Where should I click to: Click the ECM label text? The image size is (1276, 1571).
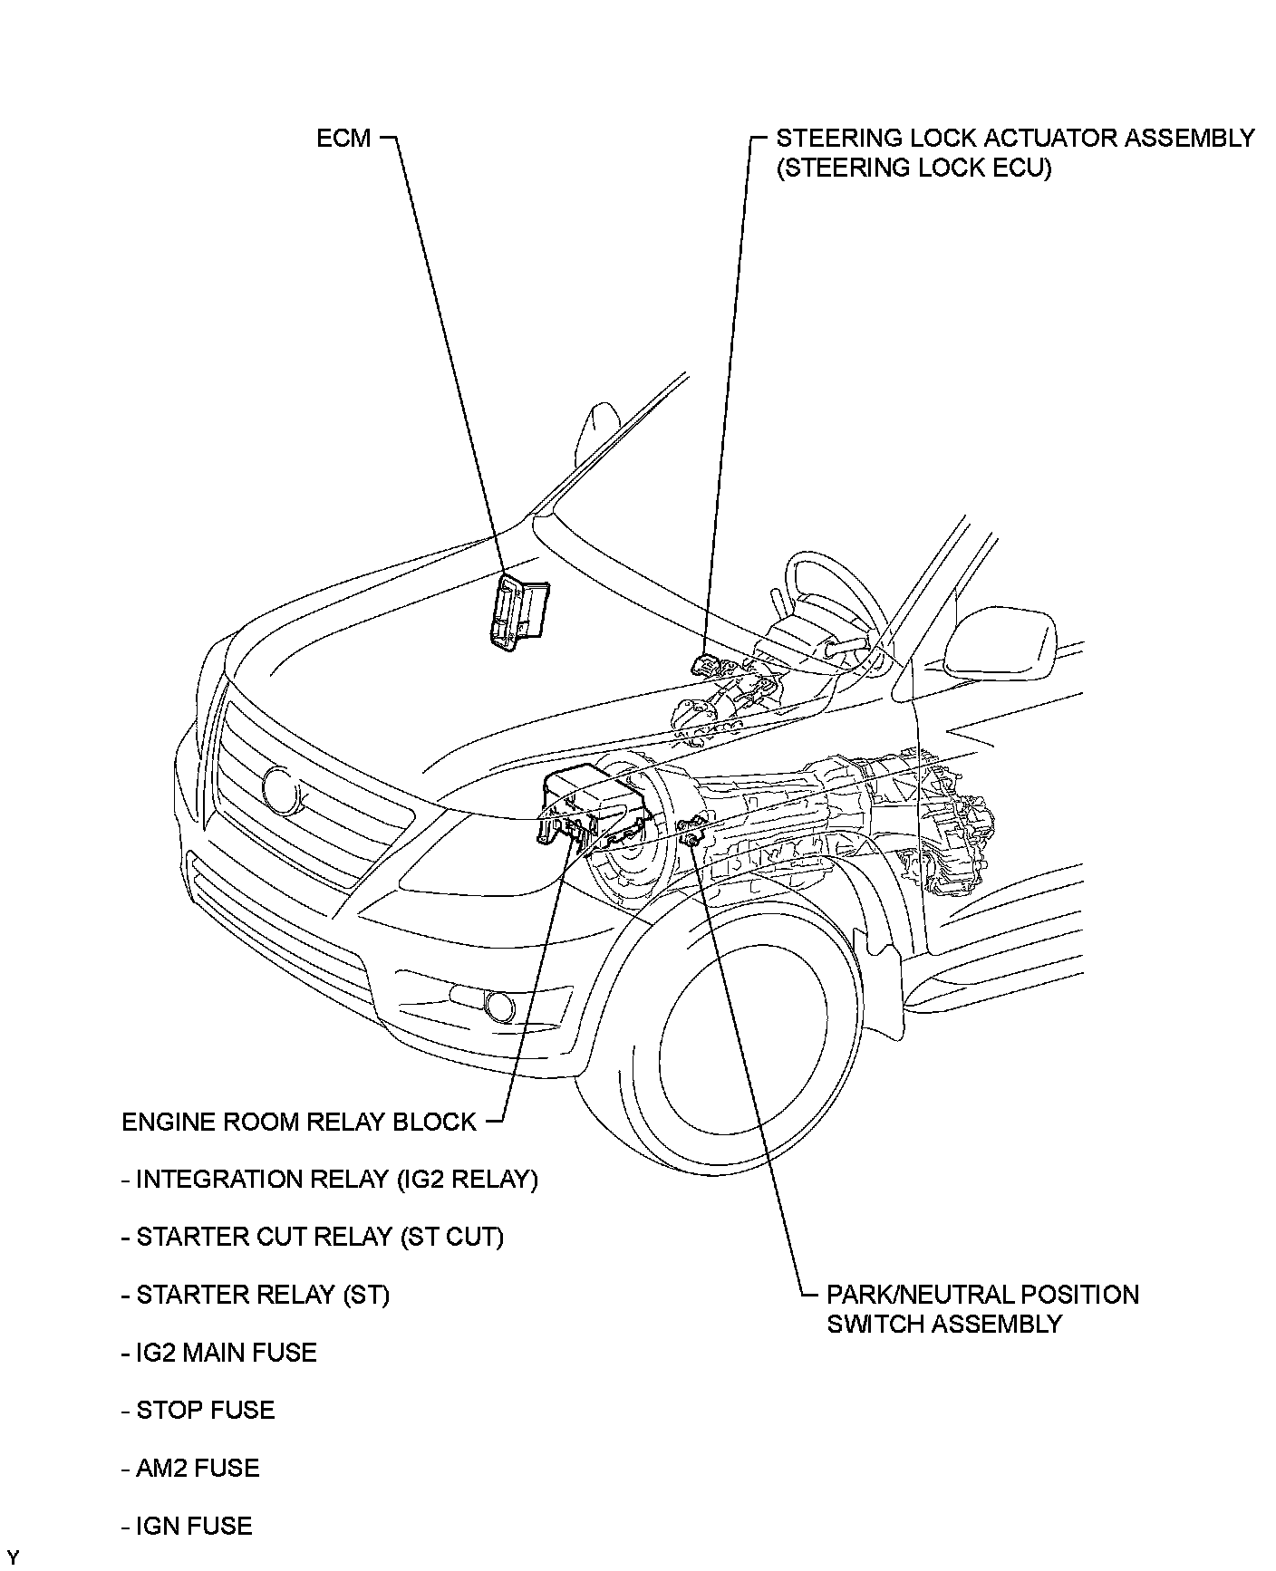pyautogui.click(x=343, y=139)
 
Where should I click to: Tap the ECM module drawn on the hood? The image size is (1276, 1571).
pyautogui.click(x=518, y=612)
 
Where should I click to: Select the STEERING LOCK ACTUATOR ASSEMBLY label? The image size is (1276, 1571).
pyautogui.click(x=1015, y=139)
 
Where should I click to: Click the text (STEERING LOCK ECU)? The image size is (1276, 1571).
pyautogui.click(x=913, y=169)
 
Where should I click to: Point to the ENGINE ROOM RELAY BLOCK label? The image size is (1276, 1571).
pyautogui.click(x=298, y=1122)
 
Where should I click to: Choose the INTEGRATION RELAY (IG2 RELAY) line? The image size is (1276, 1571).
pyautogui.click(x=330, y=1180)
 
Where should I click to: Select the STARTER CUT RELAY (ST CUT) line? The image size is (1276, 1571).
pyautogui.click(x=312, y=1237)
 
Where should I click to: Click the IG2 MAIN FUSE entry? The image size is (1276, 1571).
pyautogui.click(x=218, y=1353)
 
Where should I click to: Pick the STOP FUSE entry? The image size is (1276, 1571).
pyautogui.click(x=198, y=1410)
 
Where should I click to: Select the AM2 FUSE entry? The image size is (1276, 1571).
pyautogui.click(x=189, y=1468)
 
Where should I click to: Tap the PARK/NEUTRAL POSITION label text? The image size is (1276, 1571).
pyautogui.click(x=982, y=1295)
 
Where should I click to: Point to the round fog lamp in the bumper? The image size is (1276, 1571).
pyautogui.click(x=498, y=1004)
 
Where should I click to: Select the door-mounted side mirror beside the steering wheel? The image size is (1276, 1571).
pyautogui.click(x=1001, y=643)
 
